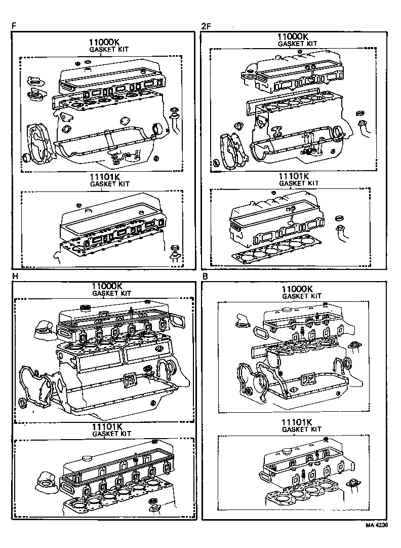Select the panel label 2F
(x=206, y=25)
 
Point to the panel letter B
(x=205, y=277)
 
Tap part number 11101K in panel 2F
(x=299, y=176)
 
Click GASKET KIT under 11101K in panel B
(x=302, y=429)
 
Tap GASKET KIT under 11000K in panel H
(x=111, y=293)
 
